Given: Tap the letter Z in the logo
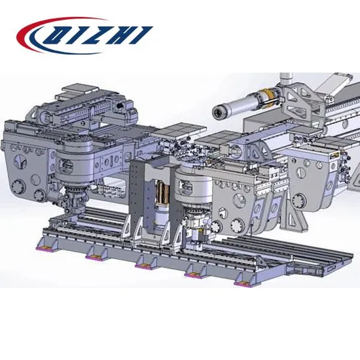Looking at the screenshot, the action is tap(96, 35).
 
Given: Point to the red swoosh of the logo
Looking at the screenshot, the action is tap(46, 32).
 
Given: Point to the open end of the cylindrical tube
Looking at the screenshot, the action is tap(217, 113).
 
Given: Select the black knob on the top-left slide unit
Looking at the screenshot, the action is tap(120, 105).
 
